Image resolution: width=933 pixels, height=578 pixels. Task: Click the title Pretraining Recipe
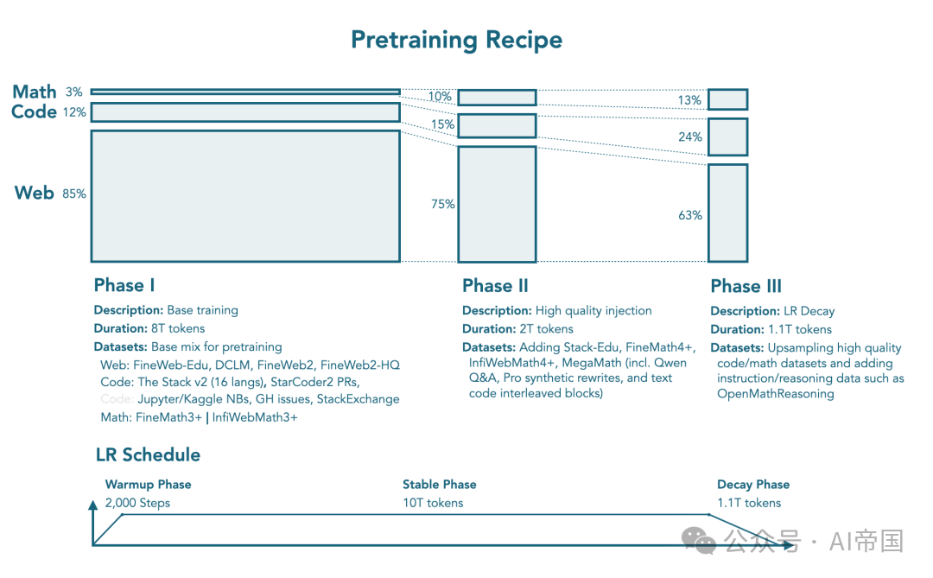(x=456, y=40)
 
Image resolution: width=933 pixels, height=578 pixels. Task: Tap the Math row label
(x=35, y=92)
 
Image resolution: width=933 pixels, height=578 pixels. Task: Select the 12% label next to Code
(x=73, y=112)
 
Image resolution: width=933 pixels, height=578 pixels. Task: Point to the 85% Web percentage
(x=74, y=194)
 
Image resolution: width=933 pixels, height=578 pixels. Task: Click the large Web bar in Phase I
(x=245, y=195)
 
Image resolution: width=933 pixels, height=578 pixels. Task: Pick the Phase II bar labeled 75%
(x=497, y=204)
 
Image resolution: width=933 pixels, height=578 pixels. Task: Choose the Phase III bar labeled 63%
(x=727, y=213)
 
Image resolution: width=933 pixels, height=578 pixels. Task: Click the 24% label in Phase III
(x=690, y=137)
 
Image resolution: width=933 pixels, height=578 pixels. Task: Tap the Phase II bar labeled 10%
(x=497, y=97)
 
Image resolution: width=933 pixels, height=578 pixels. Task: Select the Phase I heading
(x=124, y=286)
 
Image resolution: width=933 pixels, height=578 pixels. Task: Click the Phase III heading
(x=746, y=287)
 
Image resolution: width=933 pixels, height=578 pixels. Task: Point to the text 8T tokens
(x=178, y=328)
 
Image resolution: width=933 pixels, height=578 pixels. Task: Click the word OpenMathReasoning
(x=776, y=394)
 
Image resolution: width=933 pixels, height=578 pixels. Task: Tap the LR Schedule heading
(x=148, y=455)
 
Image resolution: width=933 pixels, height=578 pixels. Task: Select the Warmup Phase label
(x=148, y=485)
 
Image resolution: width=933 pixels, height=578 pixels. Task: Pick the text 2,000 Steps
(x=137, y=503)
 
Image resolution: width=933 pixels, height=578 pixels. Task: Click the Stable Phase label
(x=439, y=485)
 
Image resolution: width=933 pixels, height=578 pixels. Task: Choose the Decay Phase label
(x=753, y=485)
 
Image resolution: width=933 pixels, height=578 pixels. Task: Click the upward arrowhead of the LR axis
(x=93, y=505)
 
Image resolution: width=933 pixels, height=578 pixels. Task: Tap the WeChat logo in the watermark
(x=698, y=542)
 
